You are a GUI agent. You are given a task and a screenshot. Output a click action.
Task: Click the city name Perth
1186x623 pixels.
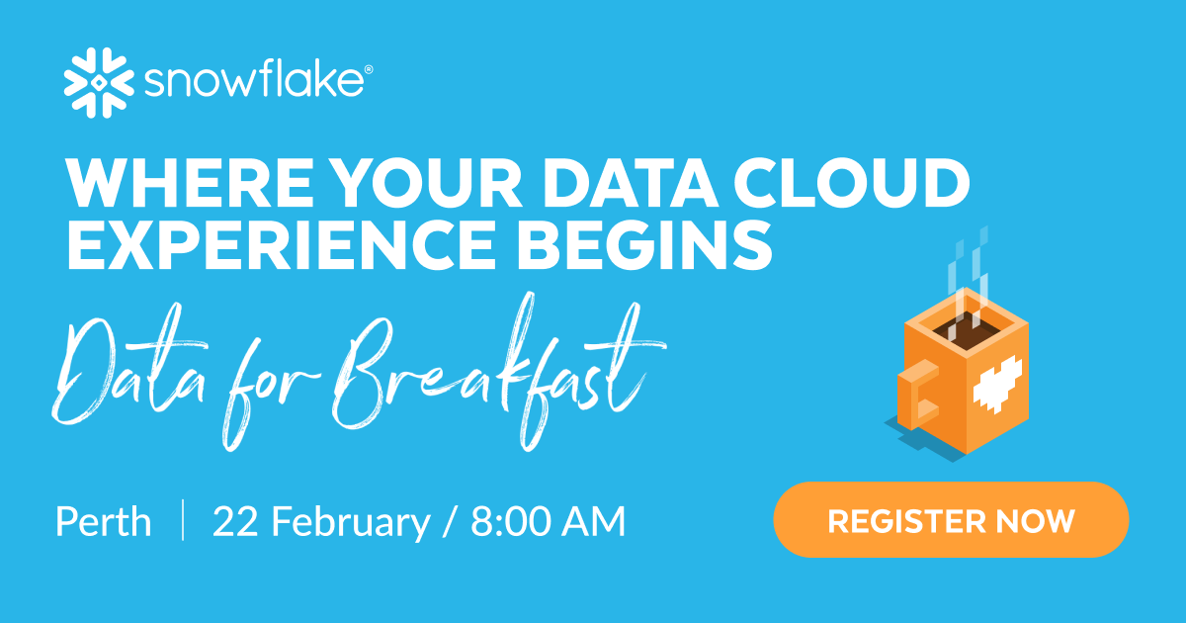[104, 521]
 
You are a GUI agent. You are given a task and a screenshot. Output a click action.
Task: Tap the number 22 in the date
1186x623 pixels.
[236, 521]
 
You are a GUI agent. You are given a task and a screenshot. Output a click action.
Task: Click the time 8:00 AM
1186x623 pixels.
[549, 521]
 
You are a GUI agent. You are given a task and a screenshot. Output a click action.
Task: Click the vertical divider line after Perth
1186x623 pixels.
[183, 520]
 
